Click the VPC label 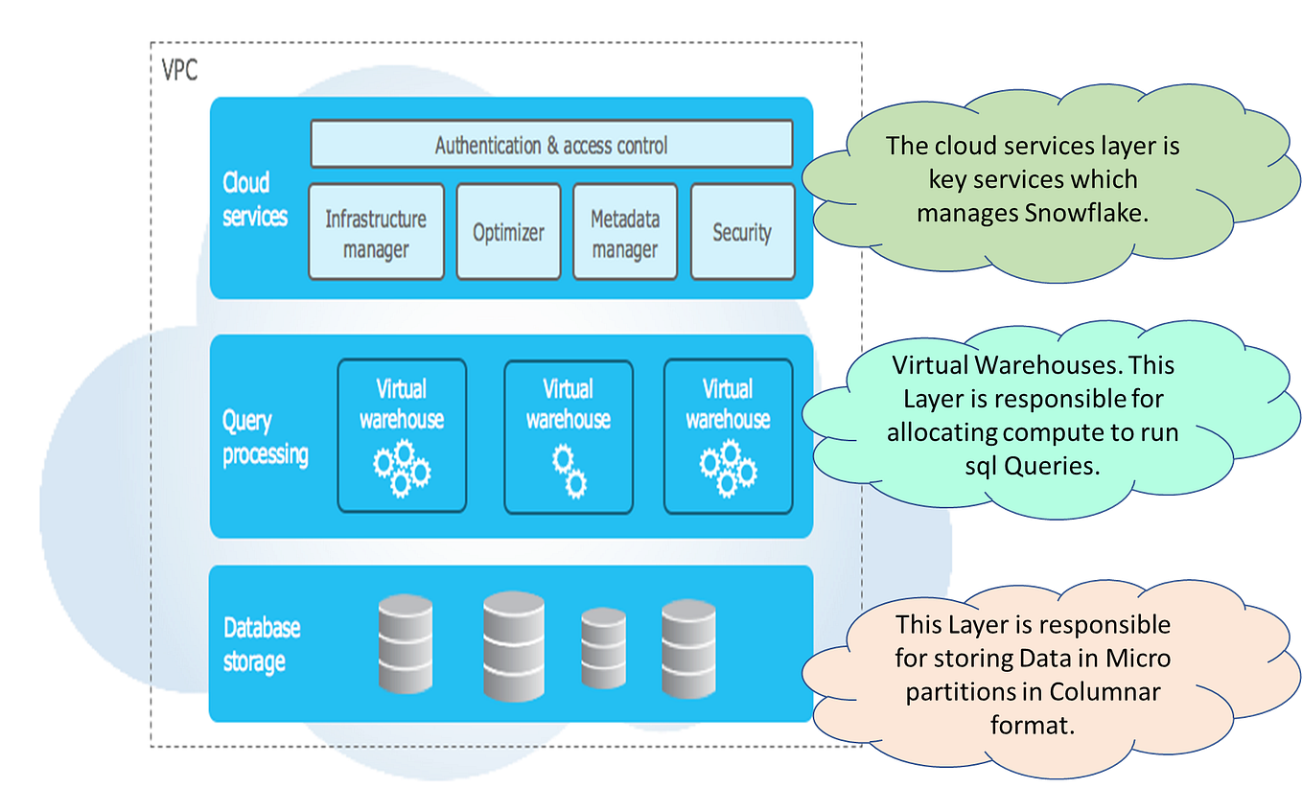[180, 71]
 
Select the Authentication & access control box [551, 145]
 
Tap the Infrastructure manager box [376, 233]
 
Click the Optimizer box [508, 233]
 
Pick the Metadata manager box [624, 233]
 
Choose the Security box [742, 233]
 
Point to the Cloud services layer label [254, 199]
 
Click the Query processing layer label [265, 438]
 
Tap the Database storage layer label [261, 645]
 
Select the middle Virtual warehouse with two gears [569, 436]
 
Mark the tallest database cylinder [514, 645]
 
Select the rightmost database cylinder [688, 648]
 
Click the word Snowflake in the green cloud [1086, 213]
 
